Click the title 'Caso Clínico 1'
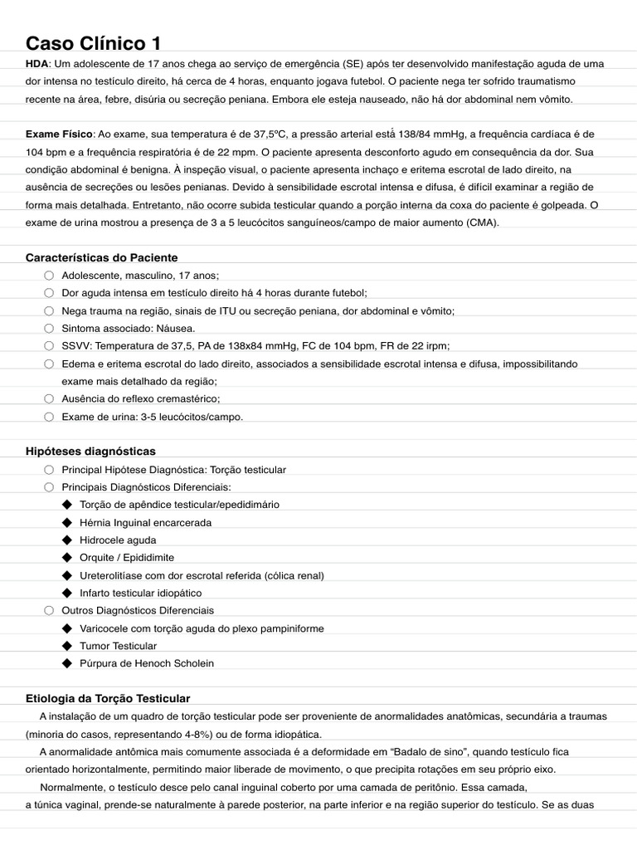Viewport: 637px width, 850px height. pyautogui.click(x=94, y=43)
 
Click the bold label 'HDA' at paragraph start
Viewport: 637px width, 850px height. pyautogui.click(x=37, y=64)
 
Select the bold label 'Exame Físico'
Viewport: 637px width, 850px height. pyautogui.click(x=60, y=134)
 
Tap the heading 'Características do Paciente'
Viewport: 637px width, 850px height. pyautogui.click(x=101, y=257)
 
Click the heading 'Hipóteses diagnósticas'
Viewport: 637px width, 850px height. pyautogui.click(x=90, y=452)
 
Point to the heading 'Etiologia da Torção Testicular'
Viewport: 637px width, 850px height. pyautogui.click(x=108, y=698)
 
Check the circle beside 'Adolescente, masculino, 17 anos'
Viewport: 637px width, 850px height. pyautogui.click(x=49, y=276)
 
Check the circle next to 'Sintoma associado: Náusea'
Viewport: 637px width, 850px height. pyautogui.click(x=49, y=329)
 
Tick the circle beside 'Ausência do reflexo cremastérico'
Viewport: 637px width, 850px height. pyautogui.click(x=49, y=399)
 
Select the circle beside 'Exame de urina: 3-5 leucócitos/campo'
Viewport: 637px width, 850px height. pyautogui.click(x=49, y=417)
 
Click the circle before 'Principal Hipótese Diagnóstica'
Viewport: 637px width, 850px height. pyautogui.click(x=49, y=470)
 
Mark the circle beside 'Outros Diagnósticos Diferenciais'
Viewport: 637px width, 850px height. pyautogui.click(x=49, y=611)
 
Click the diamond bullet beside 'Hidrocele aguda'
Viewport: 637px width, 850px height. pyautogui.click(x=67, y=540)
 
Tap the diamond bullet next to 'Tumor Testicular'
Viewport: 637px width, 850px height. pyautogui.click(x=67, y=646)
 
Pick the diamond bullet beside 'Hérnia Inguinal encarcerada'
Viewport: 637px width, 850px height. pyautogui.click(x=67, y=523)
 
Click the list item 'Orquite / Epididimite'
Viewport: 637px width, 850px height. pyautogui.click(x=127, y=558)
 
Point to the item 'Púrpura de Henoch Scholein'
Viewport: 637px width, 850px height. pyautogui.click(x=146, y=663)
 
